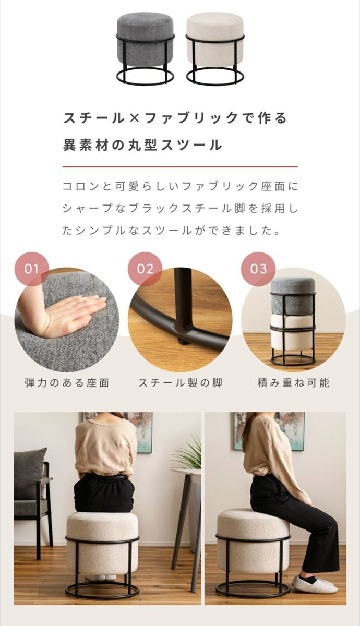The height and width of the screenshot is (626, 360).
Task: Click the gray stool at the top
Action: click(145, 47)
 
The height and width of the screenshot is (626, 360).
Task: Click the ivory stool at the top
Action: click(214, 47)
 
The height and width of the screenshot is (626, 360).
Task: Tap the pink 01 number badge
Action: click(32, 269)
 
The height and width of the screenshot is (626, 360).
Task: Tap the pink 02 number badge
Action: click(145, 269)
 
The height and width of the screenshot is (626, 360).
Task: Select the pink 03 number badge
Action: click(258, 269)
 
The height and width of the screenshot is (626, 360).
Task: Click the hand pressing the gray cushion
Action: click(73, 313)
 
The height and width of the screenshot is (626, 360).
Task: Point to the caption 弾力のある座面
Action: click(67, 383)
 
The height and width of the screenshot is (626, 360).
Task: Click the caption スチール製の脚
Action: click(180, 383)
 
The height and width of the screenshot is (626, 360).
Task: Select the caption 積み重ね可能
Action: click(294, 383)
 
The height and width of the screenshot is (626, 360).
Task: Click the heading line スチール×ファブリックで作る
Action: click(175, 118)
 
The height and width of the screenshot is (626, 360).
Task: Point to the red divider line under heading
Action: click(180, 167)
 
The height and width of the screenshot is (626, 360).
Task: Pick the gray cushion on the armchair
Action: click(30, 472)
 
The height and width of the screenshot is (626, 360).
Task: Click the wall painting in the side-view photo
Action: click(269, 430)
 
